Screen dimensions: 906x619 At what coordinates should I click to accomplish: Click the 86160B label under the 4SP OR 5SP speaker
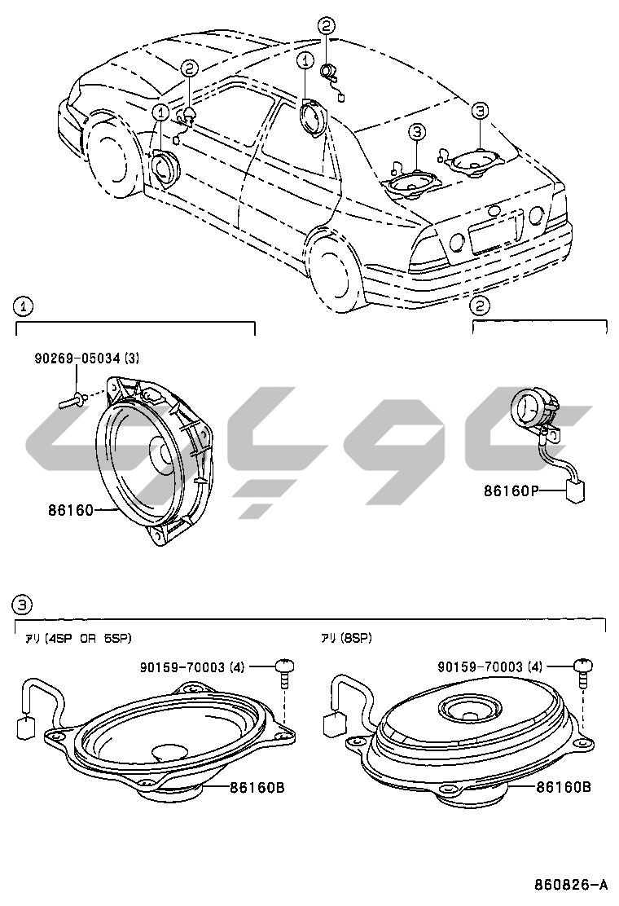coord(257,787)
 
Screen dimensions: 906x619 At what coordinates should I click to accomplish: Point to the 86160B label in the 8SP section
coord(563,787)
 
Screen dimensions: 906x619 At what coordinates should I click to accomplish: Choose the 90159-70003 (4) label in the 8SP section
coord(489,667)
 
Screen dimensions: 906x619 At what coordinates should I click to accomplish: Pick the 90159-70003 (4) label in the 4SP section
coord(193,667)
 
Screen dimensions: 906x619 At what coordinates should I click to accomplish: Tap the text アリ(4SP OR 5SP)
coord(78,638)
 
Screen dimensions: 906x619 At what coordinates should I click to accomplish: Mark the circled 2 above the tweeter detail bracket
coord(481,306)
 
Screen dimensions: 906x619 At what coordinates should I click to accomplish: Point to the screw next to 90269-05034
coord(72,399)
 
